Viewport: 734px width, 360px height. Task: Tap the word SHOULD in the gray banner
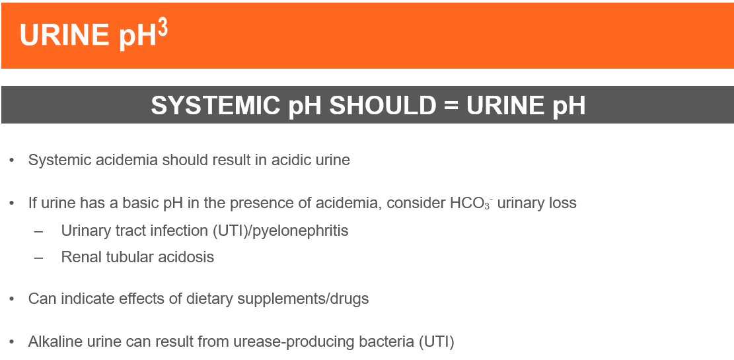click(383, 105)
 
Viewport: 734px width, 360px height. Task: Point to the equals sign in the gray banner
click(451, 105)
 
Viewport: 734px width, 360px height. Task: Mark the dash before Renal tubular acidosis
click(38, 258)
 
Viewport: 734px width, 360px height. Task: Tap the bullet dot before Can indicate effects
click(12, 299)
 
